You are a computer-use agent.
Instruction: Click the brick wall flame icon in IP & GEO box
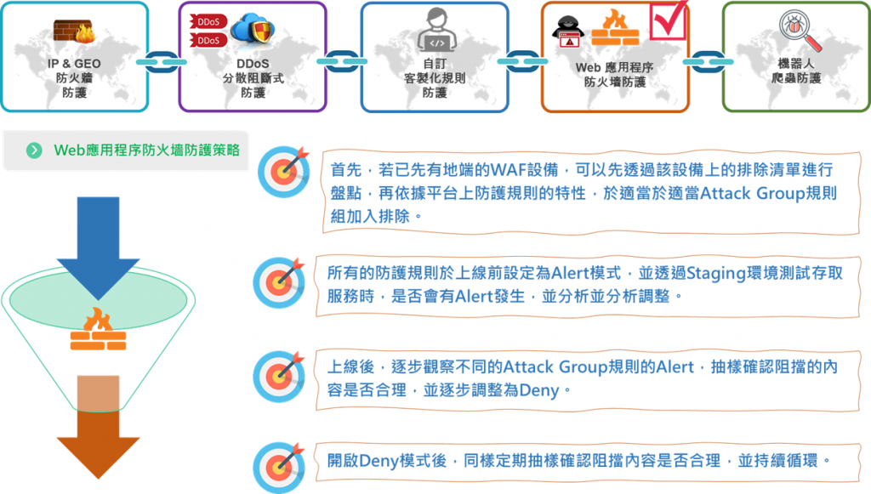[x=74, y=31]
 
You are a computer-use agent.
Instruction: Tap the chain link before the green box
[x=704, y=62]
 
